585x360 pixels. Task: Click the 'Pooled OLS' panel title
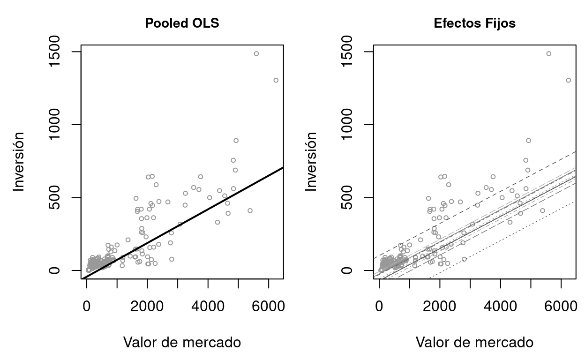point(182,23)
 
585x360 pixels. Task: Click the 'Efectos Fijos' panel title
point(474,23)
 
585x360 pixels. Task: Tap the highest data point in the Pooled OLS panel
point(256,54)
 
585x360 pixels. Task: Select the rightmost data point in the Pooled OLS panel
point(276,80)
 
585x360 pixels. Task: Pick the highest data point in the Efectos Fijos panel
point(548,54)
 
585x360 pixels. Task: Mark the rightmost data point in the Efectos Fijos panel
point(568,80)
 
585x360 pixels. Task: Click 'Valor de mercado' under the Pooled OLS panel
point(182,343)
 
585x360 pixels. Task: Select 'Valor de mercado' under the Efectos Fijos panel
point(474,343)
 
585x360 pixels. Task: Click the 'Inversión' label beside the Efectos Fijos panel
point(311,161)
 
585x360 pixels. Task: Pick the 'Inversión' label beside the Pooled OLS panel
point(18,161)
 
